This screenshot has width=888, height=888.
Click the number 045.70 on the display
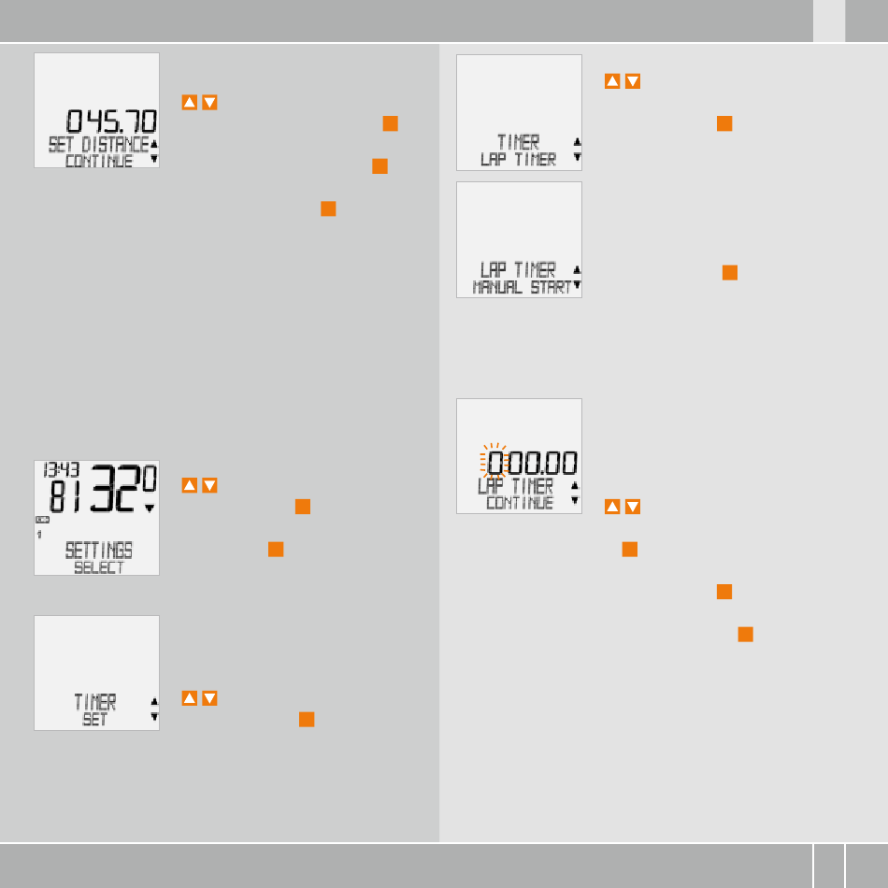(111, 122)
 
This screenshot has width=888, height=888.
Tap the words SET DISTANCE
(98, 144)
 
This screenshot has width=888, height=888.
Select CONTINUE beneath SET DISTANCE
(98, 161)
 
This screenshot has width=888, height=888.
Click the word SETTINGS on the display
(98, 550)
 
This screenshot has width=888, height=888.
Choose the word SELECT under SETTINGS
(98, 567)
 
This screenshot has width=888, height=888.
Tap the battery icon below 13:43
(43, 519)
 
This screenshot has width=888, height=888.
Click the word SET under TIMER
(94, 720)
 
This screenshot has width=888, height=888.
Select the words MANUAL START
(522, 287)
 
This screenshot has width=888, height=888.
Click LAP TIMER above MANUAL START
(518, 270)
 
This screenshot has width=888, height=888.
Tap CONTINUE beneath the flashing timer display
(520, 503)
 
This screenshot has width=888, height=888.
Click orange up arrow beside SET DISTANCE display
(189, 102)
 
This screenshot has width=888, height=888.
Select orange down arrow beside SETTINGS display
(209, 485)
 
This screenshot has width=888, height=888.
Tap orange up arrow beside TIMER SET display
(189, 698)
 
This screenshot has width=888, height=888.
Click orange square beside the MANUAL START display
(730, 273)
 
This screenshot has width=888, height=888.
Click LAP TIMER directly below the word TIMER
(518, 160)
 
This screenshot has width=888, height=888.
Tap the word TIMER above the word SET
(95, 702)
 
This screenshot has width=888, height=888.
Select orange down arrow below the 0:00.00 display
(633, 507)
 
